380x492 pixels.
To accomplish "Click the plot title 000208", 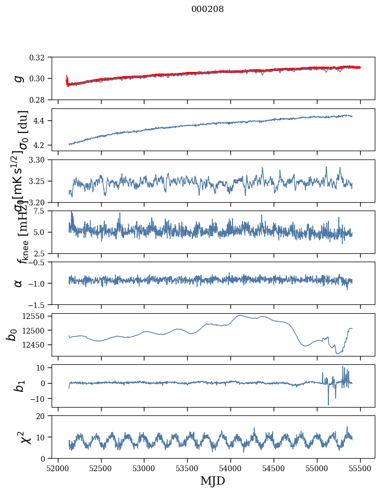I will coord(207,9).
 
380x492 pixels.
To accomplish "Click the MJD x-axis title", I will coord(213,481).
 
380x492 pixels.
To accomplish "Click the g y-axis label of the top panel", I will coord(19,78).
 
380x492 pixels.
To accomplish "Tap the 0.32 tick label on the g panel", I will coord(41,57).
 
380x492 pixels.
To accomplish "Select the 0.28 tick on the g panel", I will coord(41,100).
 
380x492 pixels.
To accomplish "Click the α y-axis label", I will coord(19,282).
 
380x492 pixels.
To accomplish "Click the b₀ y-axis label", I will coord(13,334).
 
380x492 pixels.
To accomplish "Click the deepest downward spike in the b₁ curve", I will coord(328,404).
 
